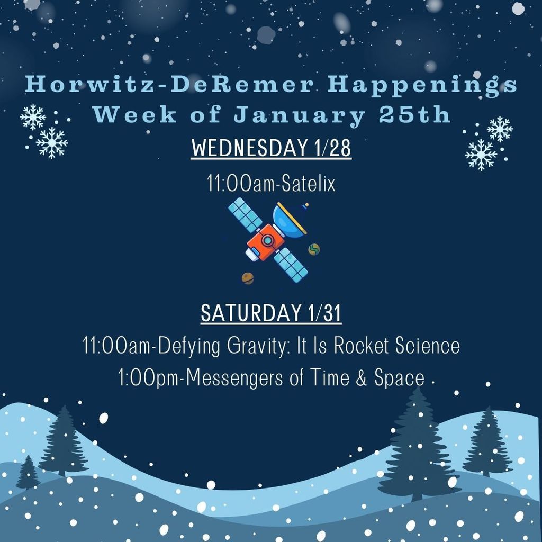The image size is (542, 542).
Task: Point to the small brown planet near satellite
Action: [x=248, y=278]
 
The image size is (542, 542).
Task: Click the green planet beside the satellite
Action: [x=314, y=249]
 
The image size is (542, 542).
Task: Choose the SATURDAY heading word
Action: [x=250, y=313]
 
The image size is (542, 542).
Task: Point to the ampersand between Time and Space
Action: [x=362, y=378]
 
